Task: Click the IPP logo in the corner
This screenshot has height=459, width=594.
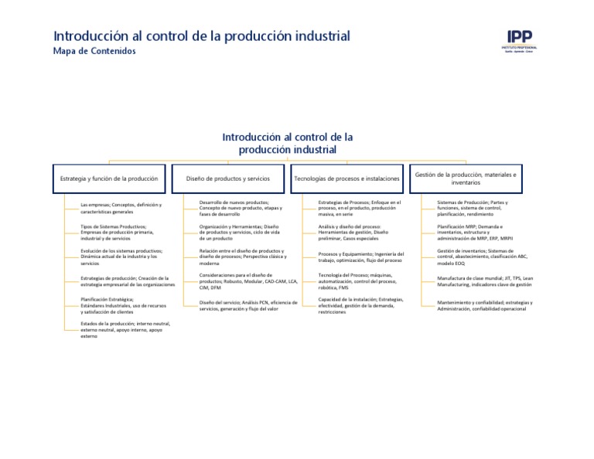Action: [521, 40]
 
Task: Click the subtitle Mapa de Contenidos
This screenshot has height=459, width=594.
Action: [94, 52]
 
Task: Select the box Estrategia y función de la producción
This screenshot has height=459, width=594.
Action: [109, 178]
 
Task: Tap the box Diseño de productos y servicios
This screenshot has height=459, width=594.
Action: [228, 178]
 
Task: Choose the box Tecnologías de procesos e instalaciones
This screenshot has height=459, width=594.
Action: [346, 178]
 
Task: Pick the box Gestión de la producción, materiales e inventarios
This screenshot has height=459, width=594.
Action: [466, 178]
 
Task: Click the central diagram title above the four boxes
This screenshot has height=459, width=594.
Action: [288, 143]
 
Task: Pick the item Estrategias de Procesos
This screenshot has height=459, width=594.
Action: [360, 207]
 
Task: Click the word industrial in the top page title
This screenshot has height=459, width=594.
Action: [317, 36]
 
